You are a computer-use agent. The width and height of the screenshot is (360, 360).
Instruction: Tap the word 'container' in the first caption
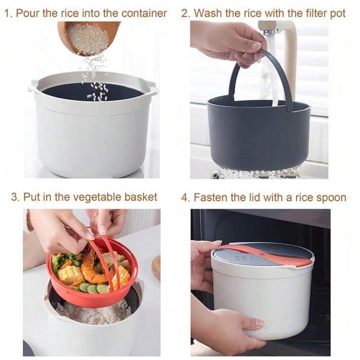click(144, 13)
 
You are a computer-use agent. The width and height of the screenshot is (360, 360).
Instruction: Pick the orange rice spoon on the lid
click(266, 255)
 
